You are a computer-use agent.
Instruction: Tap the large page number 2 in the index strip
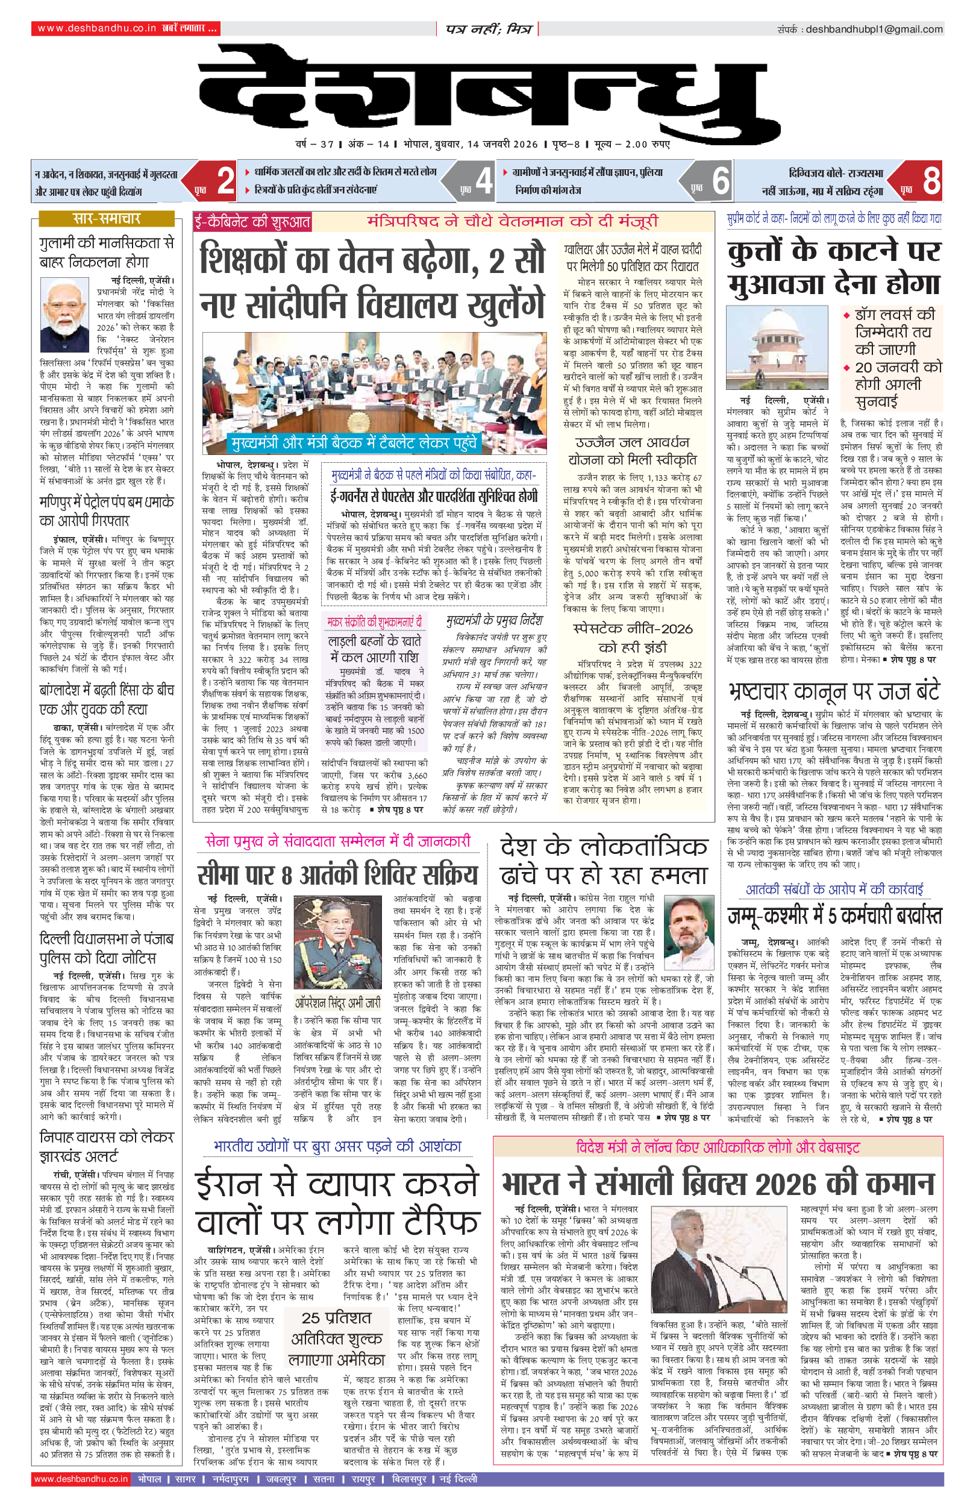(x=225, y=181)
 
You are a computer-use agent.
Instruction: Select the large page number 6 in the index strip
(x=721, y=181)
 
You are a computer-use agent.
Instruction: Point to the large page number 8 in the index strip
(x=930, y=181)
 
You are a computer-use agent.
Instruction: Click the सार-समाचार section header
(x=107, y=219)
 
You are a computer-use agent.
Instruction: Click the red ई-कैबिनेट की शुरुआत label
(x=252, y=222)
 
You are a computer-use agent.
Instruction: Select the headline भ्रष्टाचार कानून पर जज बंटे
(x=833, y=691)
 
